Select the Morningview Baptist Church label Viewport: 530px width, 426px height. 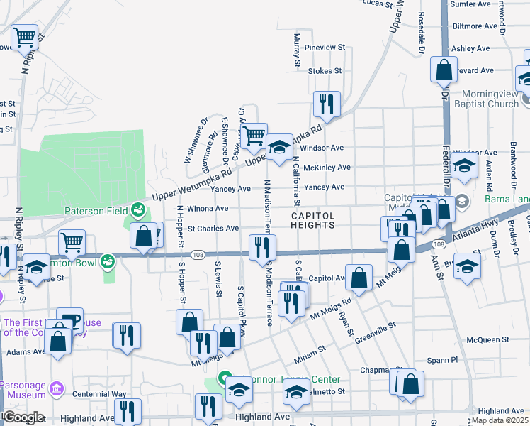[x=490, y=99]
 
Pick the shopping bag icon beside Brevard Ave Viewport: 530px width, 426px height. [x=444, y=70]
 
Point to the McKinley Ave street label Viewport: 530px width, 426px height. [x=327, y=168]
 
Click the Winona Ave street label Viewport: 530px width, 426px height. [x=208, y=209]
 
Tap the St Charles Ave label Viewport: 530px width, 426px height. [x=213, y=229]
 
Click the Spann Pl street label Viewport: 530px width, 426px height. [x=439, y=360]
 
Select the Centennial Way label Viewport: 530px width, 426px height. [x=98, y=393]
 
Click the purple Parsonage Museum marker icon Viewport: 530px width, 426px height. [x=57, y=390]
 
